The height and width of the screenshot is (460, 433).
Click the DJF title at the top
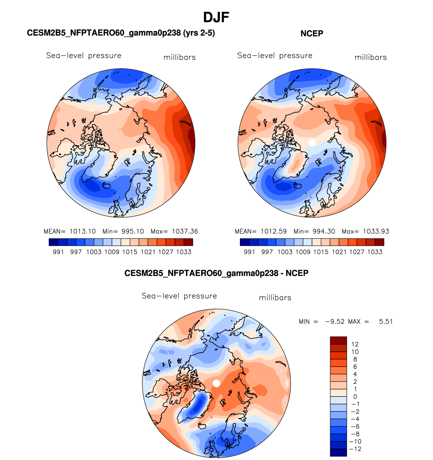tap(216, 17)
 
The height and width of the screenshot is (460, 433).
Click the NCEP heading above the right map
tap(312, 33)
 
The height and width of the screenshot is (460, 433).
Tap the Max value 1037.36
tap(185, 231)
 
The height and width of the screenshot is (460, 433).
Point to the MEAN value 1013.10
tap(83, 231)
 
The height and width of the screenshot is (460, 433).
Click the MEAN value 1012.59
tap(274, 231)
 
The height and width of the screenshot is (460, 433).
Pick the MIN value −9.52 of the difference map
tap(335, 321)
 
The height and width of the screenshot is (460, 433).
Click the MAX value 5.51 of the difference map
tap(386, 321)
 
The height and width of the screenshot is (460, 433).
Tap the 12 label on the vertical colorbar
tap(355, 344)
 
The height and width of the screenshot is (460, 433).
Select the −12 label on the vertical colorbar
tap(356, 449)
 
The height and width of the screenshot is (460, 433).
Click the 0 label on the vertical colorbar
tap(355, 397)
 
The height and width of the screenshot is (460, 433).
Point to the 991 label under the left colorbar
tap(58, 252)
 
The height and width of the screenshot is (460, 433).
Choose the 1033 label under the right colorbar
tap(375, 252)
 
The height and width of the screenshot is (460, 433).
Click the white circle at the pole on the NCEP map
tap(312, 142)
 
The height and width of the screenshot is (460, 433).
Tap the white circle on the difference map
tap(216, 383)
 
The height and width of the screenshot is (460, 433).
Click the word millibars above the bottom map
tap(275, 298)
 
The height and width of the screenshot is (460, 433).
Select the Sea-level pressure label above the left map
tap(84, 56)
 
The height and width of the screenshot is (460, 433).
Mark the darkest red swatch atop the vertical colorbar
tap(338, 340)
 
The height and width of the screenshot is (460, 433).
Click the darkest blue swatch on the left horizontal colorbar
tap(54, 242)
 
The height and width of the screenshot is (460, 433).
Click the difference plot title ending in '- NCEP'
tap(216, 273)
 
